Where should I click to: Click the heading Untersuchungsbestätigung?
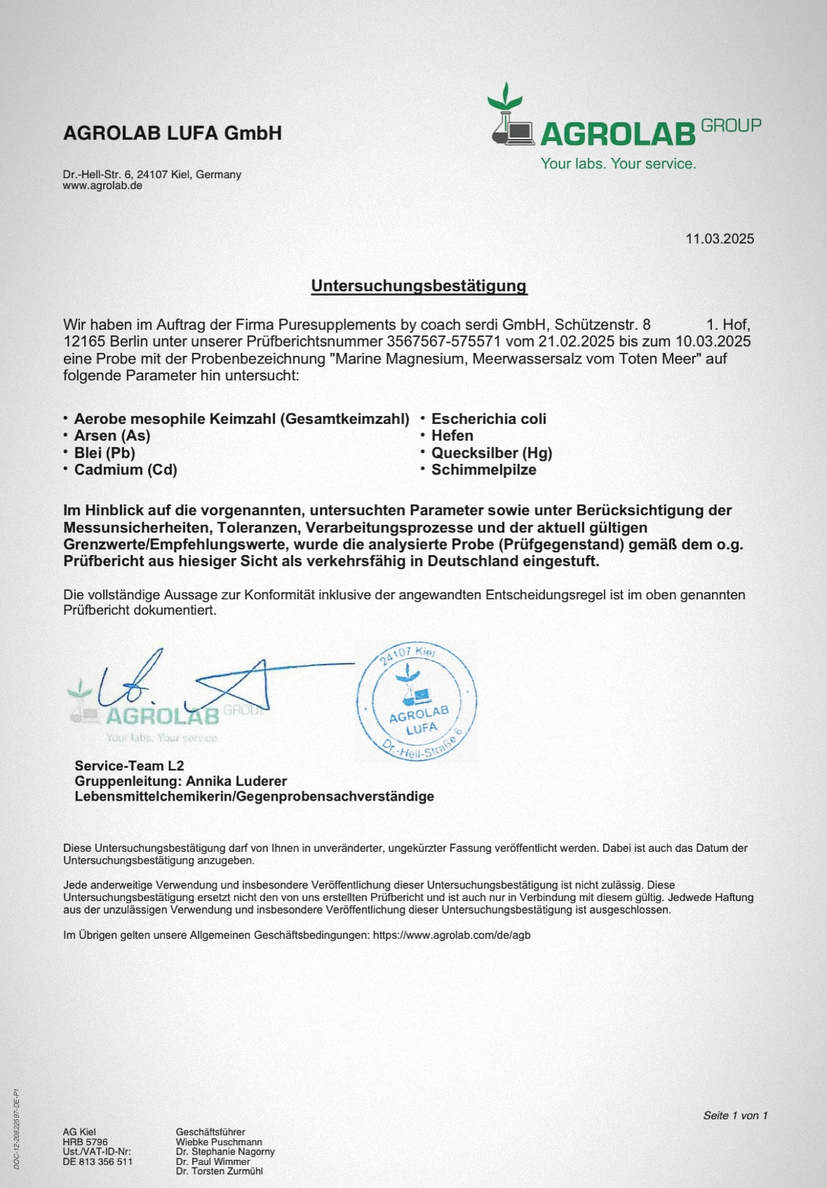419,286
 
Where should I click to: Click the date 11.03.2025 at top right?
720,239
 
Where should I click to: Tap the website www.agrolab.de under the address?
102,186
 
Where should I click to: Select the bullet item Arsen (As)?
112,436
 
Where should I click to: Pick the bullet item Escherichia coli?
488,419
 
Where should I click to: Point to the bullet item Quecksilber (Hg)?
492,453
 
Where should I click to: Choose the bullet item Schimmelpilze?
483,469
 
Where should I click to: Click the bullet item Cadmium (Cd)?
126,469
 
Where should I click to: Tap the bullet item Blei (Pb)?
105,453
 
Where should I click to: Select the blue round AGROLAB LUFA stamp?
417,700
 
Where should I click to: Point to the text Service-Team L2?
129,766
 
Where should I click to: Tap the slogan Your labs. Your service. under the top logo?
618,163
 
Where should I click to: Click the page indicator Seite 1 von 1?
735,1116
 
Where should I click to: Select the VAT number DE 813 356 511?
98,1161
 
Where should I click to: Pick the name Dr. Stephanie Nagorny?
225,1152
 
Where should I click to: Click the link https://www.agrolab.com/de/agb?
452,935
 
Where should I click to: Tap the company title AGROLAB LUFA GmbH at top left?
173,133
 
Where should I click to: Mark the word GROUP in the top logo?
731,126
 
